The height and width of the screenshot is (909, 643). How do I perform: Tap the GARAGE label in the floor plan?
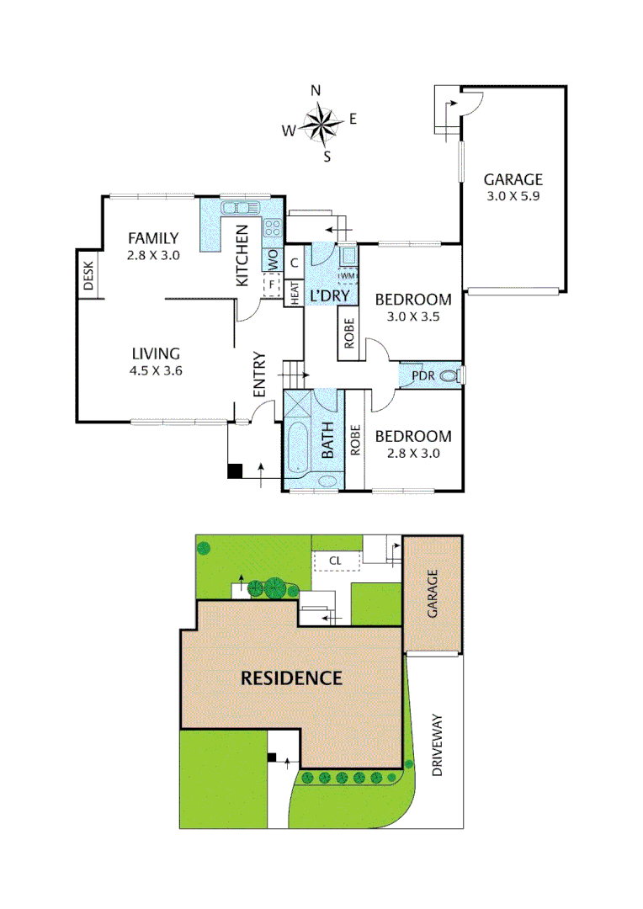click(513, 179)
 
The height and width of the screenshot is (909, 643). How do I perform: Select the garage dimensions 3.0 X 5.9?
click(513, 196)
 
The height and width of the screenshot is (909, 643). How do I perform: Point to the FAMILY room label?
click(152, 237)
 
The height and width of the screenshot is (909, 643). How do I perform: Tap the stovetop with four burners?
click(273, 226)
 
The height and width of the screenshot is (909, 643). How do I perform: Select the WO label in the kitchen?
click(273, 261)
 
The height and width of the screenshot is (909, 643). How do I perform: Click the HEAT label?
click(295, 292)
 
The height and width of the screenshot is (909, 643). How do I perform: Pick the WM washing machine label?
click(348, 275)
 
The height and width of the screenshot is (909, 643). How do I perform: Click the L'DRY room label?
click(329, 296)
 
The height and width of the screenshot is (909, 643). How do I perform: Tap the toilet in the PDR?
click(452, 375)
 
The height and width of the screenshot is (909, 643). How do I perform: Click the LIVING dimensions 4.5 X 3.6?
click(156, 370)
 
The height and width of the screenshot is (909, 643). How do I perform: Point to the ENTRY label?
click(259, 375)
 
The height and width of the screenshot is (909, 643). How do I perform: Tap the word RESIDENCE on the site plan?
click(291, 678)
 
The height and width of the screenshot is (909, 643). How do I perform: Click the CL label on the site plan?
click(335, 559)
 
